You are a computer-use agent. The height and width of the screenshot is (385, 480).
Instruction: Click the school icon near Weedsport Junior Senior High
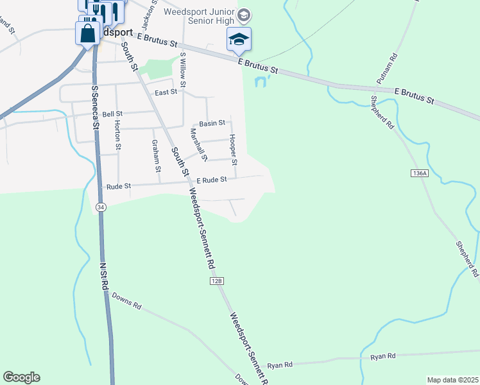(239, 39)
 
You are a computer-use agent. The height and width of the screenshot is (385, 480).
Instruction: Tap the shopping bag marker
(88, 33)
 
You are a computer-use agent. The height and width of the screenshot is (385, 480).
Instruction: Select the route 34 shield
(101, 207)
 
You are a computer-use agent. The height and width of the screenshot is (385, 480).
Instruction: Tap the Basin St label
(212, 123)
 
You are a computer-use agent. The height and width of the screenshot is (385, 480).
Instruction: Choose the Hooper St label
(234, 146)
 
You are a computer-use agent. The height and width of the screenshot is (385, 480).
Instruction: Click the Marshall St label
(199, 144)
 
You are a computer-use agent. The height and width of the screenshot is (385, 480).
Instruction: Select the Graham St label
(155, 155)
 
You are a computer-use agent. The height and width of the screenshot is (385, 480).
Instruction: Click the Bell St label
(103, 113)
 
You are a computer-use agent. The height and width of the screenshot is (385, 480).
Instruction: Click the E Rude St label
(212, 180)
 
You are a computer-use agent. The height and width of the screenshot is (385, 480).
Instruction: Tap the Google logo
(21, 377)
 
